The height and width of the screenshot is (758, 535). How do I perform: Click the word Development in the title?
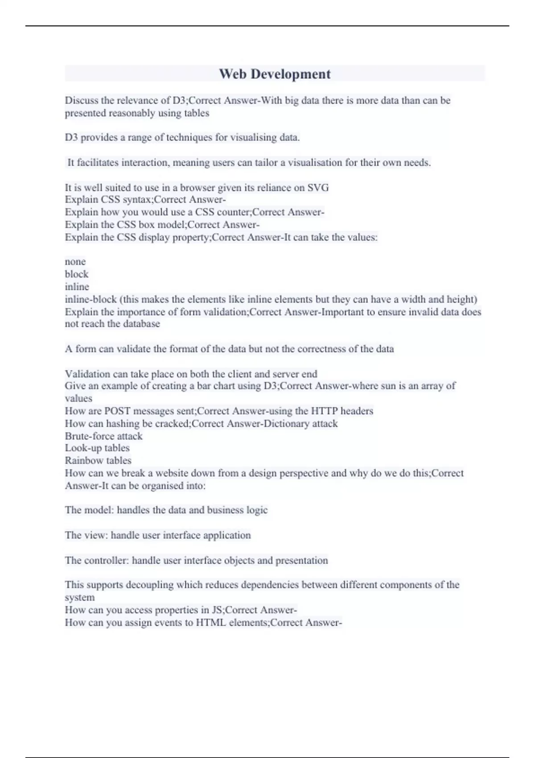pyautogui.click(x=290, y=74)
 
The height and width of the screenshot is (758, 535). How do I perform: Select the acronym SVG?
pyautogui.click(x=318, y=188)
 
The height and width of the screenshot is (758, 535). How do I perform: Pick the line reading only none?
pyautogui.click(x=75, y=262)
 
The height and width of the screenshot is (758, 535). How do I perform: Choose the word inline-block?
pyautogui.click(x=91, y=299)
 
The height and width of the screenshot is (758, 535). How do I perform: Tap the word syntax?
pyautogui.click(x=136, y=200)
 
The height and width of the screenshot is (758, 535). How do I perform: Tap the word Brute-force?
pyautogui.click(x=89, y=436)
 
